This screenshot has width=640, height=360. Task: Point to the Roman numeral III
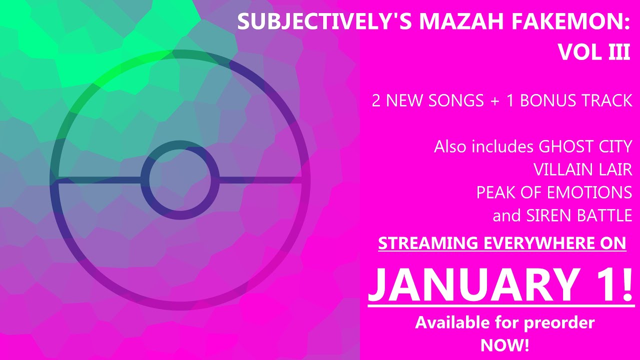coord(618,51)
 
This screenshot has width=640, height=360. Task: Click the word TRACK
coord(607,100)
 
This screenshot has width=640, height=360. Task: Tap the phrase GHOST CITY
coord(585,147)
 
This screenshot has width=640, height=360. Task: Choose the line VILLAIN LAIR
coord(582,170)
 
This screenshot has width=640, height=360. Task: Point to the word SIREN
coord(546,215)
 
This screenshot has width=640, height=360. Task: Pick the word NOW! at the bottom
coord(504,345)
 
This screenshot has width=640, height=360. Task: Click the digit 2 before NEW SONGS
coord(376,100)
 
